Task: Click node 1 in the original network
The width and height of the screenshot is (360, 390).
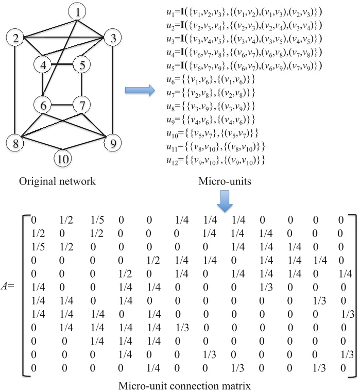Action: (x=77, y=10)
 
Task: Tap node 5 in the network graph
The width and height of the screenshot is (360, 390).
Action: (x=81, y=65)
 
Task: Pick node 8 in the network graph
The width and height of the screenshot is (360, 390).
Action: (x=16, y=143)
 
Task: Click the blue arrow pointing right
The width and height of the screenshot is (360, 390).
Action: (x=140, y=91)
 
